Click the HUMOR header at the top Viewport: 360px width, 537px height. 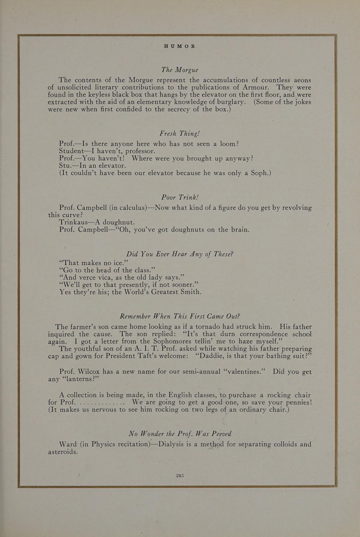[x=180, y=46]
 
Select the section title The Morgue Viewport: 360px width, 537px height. [x=180, y=69]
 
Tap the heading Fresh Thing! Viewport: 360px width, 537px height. [x=179, y=134]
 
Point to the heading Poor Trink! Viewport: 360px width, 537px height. [x=180, y=197]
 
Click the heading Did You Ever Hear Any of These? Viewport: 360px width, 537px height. [x=180, y=254]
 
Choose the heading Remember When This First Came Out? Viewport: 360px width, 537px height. [x=179, y=316]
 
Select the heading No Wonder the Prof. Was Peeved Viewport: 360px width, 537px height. [x=180, y=434]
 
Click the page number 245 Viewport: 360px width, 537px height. [x=180, y=475]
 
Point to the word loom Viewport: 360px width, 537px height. [x=229, y=144]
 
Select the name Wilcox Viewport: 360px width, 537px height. [x=91, y=372]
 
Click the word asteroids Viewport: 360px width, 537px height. [x=63, y=452]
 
